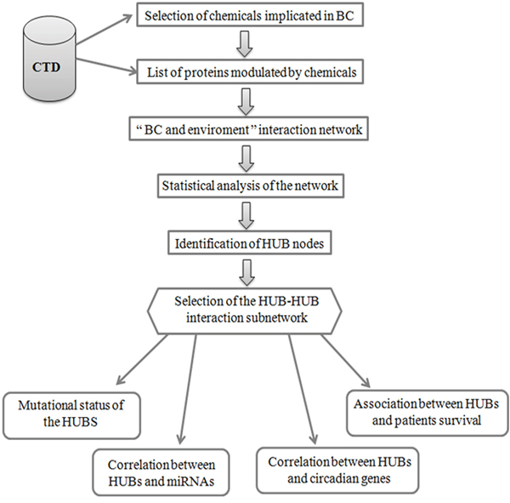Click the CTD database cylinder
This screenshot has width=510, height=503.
pos(49,59)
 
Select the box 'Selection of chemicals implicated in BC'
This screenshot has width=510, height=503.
pos(250,15)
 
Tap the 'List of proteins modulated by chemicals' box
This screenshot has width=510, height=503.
pos(250,71)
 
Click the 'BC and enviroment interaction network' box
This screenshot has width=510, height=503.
pos(249,129)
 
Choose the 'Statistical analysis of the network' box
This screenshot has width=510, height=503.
pos(251,186)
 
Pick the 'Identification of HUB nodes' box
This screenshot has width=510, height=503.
pos(250,243)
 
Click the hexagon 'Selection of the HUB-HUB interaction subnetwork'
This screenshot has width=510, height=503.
pos(245,311)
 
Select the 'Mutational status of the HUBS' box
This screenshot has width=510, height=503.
pos(71,415)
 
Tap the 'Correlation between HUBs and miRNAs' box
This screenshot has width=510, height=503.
pos(161,472)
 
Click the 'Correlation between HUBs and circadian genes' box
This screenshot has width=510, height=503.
pos(337,470)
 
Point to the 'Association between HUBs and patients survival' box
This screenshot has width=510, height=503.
pos(428,413)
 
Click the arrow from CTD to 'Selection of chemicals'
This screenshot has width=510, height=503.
pos(105,29)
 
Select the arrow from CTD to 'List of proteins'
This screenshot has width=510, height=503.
pos(107,66)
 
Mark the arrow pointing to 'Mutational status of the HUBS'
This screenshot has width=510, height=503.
pos(143,359)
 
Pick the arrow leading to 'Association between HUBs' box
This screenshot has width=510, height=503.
pos(346,361)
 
